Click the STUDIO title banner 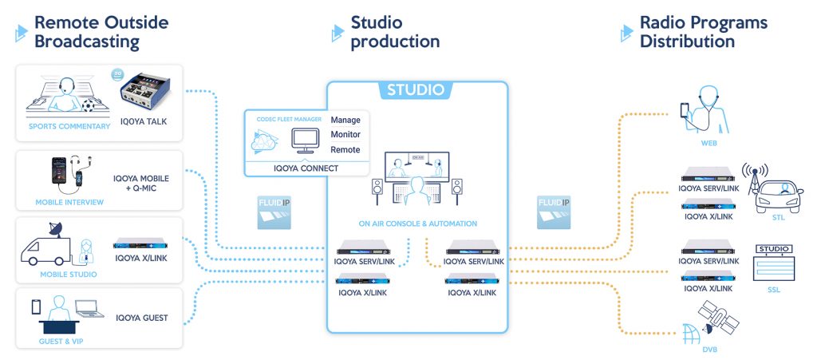point(416,89)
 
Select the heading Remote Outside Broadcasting point(101,32)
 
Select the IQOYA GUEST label point(142,318)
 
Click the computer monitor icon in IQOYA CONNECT point(304,140)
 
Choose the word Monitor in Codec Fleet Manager point(346,135)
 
